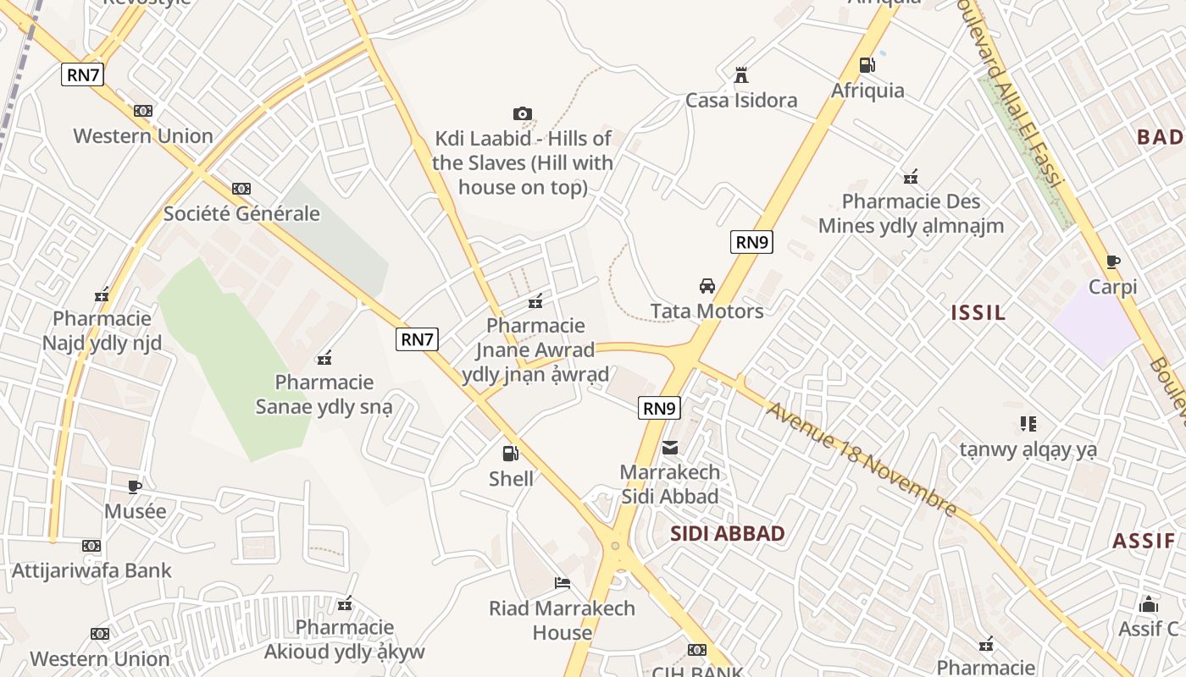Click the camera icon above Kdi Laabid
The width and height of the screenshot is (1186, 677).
click(x=523, y=113)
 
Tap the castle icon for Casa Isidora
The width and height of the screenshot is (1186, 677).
click(x=741, y=75)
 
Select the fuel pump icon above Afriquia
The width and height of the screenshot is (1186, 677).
click(x=867, y=64)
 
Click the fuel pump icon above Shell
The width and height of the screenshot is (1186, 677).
click(x=510, y=454)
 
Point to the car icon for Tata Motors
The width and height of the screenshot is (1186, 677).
click(x=707, y=286)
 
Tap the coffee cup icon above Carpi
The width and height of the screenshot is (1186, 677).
click(x=1113, y=261)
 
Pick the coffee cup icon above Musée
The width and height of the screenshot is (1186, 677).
click(x=135, y=486)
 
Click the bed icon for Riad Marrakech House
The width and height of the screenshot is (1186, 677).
click(x=562, y=582)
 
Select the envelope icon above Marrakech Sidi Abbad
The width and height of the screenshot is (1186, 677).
click(x=670, y=447)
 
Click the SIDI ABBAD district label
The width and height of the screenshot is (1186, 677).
click(x=728, y=534)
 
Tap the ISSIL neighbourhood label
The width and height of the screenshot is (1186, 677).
click(x=978, y=313)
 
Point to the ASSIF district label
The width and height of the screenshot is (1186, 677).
click(x=1144, y=542)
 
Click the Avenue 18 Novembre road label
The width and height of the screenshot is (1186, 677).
click(x=862, y=460)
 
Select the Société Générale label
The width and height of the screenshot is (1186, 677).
click(x=241, y=213)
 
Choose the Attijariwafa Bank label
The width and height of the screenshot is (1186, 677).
click(x=91, y=570)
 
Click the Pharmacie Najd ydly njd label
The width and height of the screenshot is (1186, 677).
click(x=102, y=331)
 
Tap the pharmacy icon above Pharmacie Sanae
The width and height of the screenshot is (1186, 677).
click(x=324, y=358)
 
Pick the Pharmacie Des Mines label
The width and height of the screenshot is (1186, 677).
click(x=911, y=213)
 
